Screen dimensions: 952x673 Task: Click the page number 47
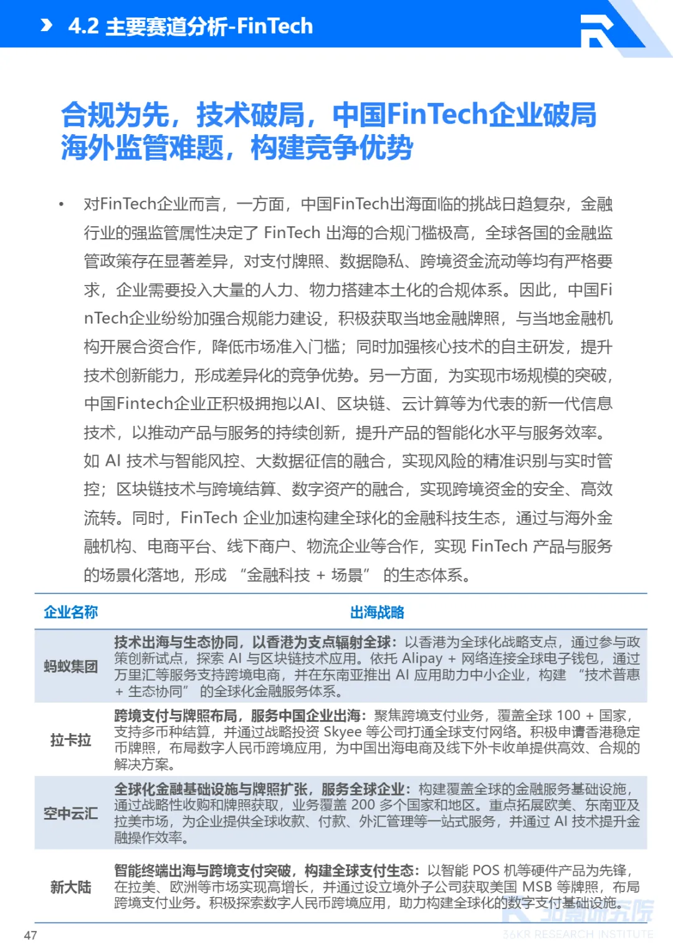[31, 935]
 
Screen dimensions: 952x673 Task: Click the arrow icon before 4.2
[46, 25]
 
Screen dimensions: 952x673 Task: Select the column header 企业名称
[70, 612]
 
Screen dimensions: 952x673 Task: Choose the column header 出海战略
[377, 612]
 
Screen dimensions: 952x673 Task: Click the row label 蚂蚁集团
[70, 666]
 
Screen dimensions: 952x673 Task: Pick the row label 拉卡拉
[70, 739]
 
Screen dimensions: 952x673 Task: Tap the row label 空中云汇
[70, 813]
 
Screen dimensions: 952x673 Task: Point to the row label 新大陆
[70, 887]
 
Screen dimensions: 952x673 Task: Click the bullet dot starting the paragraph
[61, 204]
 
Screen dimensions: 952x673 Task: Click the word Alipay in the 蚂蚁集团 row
[422, 658]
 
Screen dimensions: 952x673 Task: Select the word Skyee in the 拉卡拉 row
[342, 732]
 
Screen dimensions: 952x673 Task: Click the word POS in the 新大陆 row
[486, 870]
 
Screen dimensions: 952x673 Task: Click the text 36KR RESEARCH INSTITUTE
[578, 934]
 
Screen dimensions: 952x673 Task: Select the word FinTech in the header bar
[275, 26]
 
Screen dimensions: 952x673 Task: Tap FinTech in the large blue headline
[436, 115]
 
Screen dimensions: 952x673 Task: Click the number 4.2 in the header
[83, 26]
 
